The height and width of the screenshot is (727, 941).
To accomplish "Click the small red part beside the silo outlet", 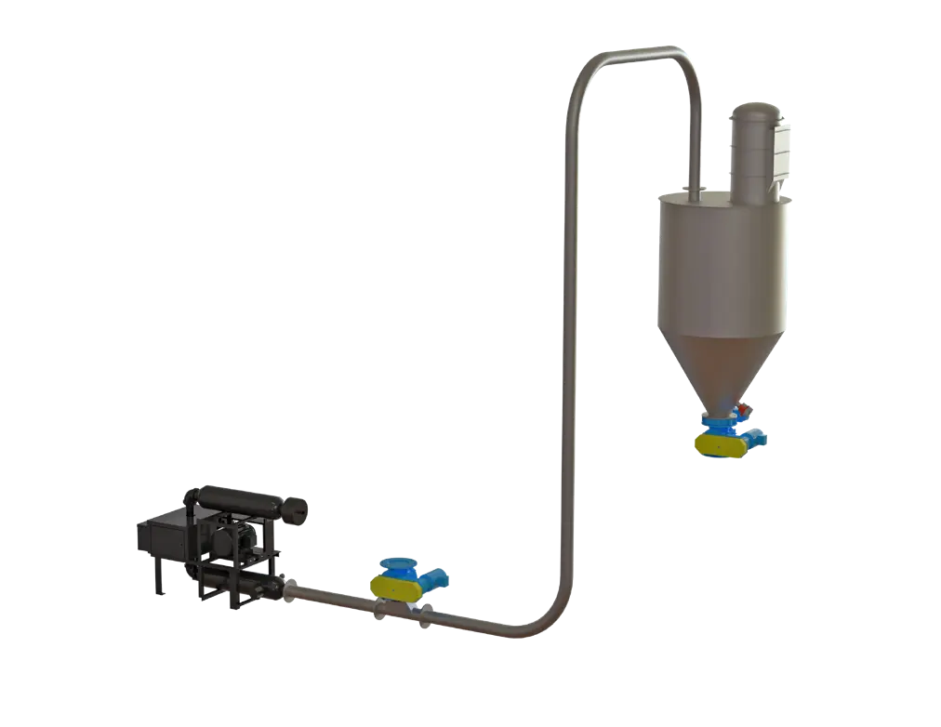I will click(x=747, y=407).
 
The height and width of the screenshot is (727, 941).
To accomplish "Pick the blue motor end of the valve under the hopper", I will click(x=757, y=434).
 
